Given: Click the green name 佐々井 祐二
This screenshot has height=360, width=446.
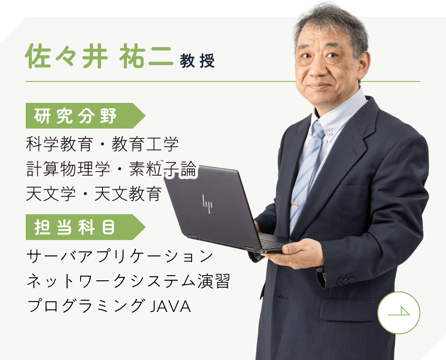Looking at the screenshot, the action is pos(99,56).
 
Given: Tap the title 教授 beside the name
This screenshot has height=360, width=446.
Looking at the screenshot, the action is pos(197,60).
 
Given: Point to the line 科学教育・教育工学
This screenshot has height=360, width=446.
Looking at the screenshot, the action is pos(102,144).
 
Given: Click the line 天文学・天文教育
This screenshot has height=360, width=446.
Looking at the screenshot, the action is pos(94,194).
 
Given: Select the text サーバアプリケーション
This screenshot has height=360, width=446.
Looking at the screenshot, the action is pos(120,255).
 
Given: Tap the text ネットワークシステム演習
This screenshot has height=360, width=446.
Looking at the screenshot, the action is pos(128,281).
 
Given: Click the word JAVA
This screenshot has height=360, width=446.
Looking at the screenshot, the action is pos(170,306).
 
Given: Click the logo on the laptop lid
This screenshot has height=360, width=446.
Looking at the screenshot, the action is pos(208,204).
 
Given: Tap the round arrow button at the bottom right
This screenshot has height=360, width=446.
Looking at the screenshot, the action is pos(398,312).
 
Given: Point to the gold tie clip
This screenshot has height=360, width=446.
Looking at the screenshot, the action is pos(294,203).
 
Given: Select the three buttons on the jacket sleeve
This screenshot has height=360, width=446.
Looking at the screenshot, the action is pos(346,281).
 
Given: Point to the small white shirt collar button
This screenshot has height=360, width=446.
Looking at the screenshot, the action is pos(330,134).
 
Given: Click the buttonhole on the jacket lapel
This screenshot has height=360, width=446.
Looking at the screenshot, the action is pos(354,152).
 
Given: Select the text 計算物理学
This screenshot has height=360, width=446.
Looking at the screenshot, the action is pos(68,169).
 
